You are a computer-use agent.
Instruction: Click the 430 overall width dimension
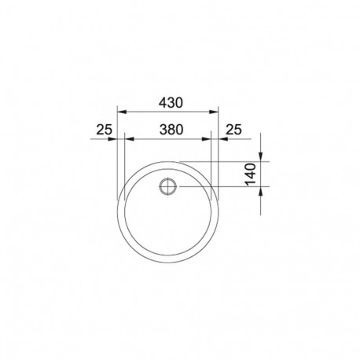pos(170,102)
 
